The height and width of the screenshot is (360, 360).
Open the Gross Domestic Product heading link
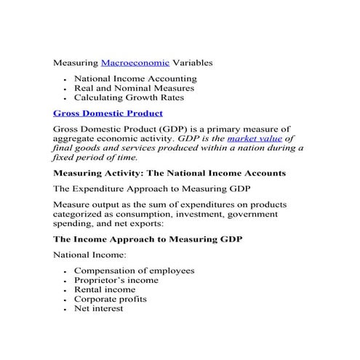(108, 113)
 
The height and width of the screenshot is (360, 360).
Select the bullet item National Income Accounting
(135, 79)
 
